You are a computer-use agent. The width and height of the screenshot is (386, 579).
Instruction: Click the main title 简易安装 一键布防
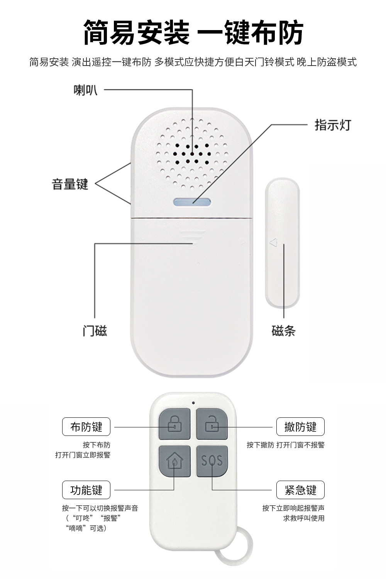pos(193,33)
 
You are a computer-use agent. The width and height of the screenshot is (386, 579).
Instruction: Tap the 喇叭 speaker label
pos(86,90)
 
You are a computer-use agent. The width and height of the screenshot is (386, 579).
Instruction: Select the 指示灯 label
pos(333,125)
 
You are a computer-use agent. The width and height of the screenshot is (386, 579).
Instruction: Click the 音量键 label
pos(70,184)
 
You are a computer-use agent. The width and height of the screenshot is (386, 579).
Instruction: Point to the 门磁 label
pos(95,331)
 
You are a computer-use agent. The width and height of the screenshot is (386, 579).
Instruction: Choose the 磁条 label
pos(284,331)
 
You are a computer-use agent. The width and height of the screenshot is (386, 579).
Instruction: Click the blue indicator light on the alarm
pos(192,202)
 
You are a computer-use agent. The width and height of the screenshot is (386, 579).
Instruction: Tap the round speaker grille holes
pos(192,154)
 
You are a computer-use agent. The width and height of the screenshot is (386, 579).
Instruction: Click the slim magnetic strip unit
pos(282,243)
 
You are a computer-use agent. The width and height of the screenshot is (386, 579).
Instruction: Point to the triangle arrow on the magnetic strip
pos(273,243)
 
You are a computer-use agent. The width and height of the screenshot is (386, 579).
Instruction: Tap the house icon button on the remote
pos(174,461)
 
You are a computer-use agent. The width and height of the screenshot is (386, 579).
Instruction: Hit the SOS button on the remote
pos(212,461)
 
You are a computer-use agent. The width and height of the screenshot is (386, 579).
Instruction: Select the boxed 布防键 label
pos(86,427)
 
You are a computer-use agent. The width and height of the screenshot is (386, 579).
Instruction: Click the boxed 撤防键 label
pos(300,427)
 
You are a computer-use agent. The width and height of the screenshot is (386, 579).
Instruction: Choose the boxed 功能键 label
pos(86,490)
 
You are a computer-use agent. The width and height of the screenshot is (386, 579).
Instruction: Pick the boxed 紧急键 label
pos(300,490)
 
